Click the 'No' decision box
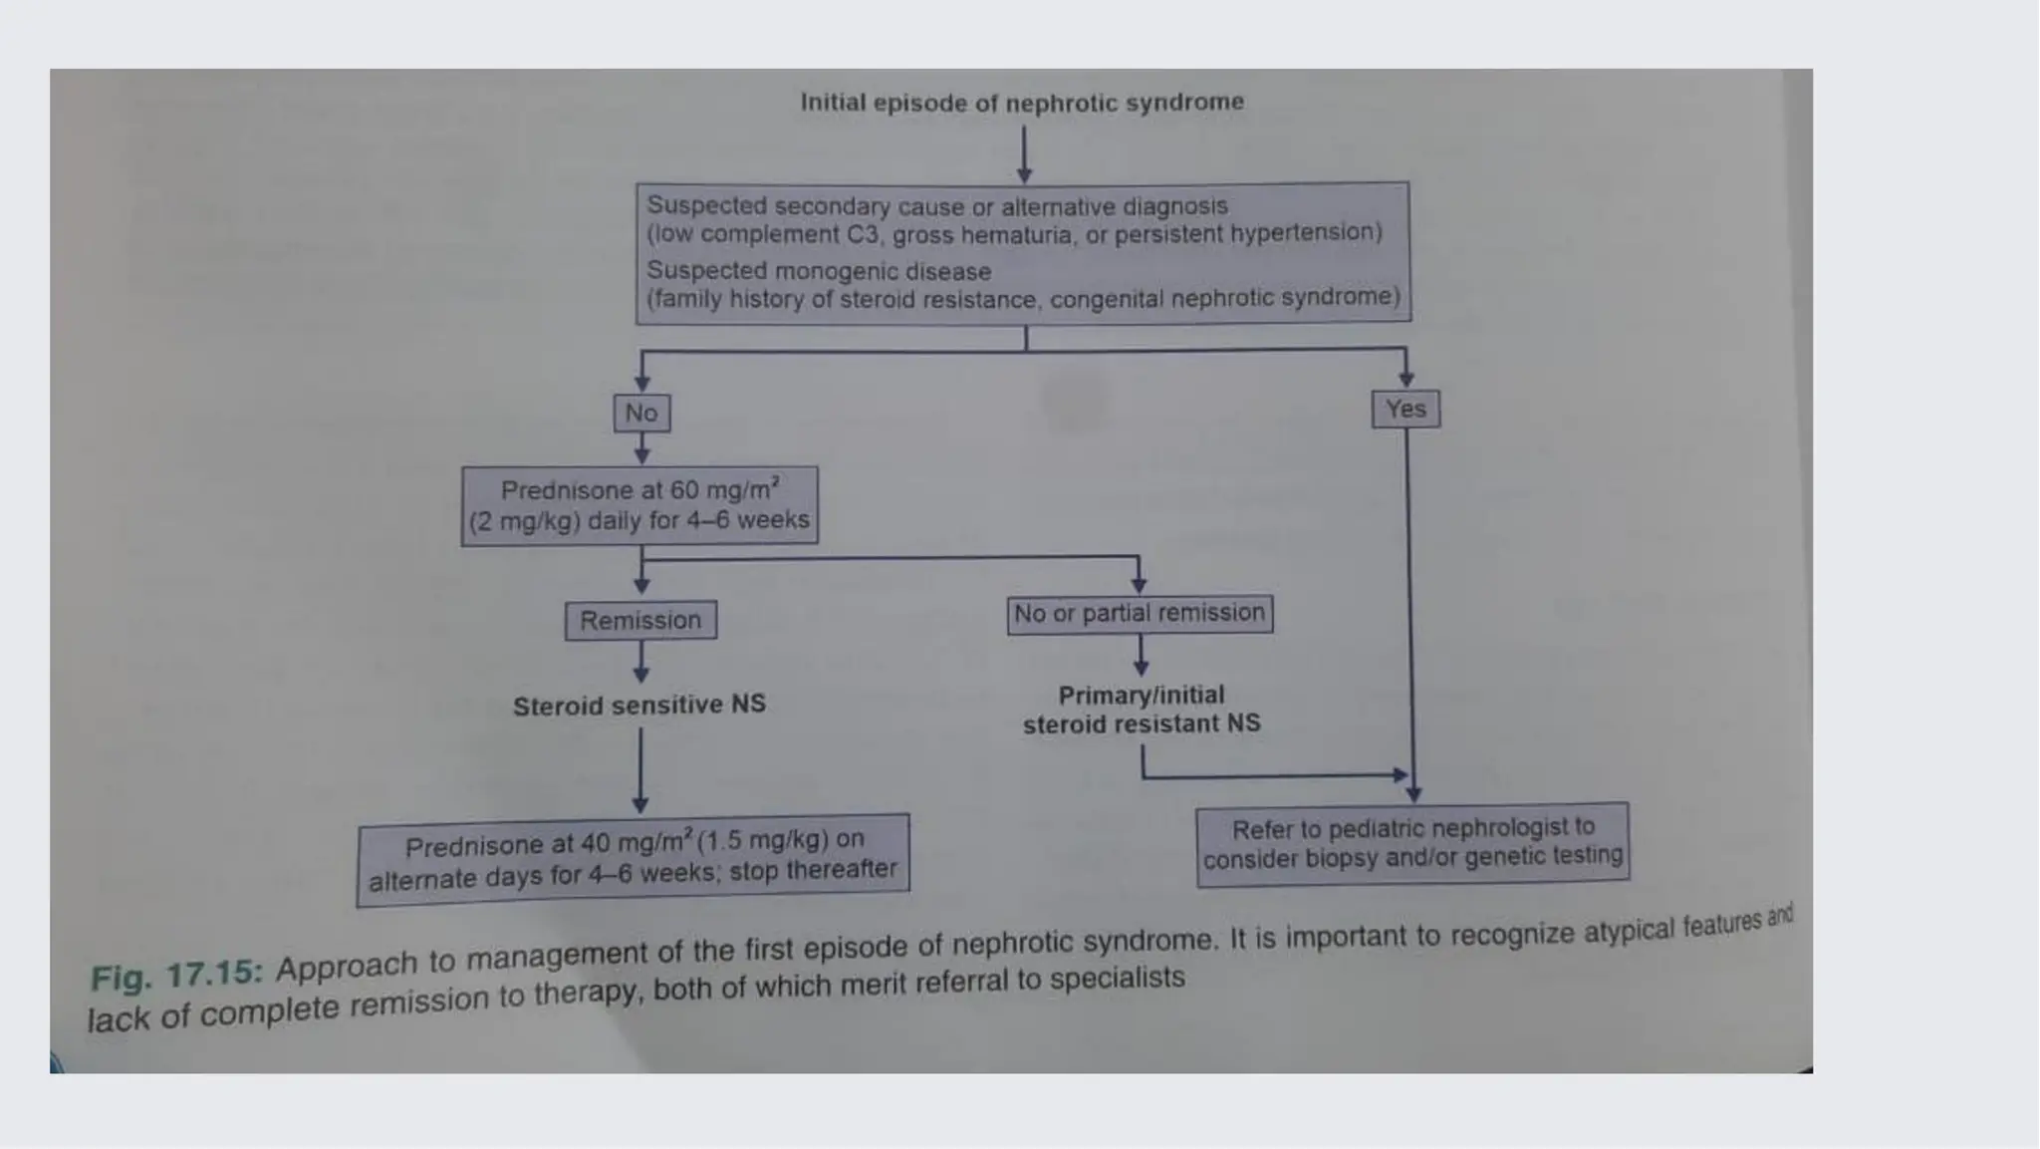[641, 413]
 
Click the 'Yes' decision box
[1405, 409]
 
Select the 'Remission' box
[640, 620]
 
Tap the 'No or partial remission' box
[1140, 613]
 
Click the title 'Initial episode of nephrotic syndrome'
[1022, 103]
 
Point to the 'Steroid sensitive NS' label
[639, 705]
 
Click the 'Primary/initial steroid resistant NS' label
[1142, 710]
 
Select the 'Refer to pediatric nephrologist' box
[1412, 843]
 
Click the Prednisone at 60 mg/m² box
[639, 505]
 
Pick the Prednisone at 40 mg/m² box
[634, 859]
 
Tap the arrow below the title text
[1024, 154]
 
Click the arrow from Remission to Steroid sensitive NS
[641, 661]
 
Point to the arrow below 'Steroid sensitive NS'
[640, 770]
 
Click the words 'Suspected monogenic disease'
[819, 271]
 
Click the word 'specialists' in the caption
[1117, 980]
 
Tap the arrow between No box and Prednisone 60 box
[642, 448]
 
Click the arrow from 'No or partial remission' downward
[1142, 654]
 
